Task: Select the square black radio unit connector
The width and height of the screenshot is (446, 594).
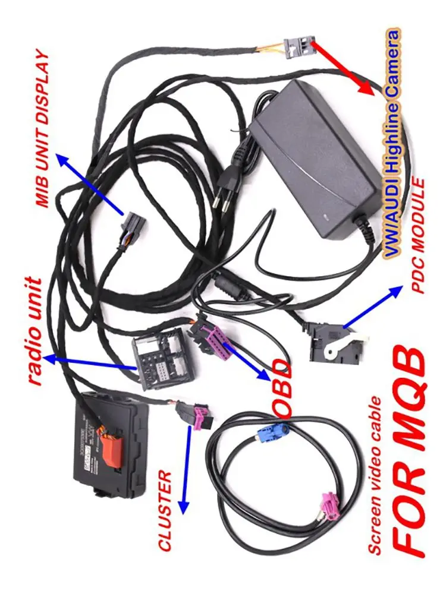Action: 156,363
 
